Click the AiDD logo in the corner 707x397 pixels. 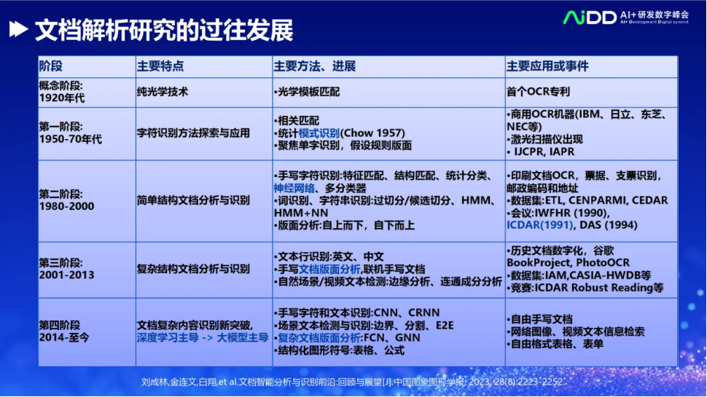tap(626, 17)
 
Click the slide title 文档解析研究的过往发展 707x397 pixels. tap(164, 30)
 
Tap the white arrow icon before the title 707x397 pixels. tap(18, 29)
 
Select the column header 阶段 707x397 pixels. tap(50, 66)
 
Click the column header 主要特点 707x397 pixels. tap(160, 66)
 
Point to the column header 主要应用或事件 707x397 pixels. tap(547, 66)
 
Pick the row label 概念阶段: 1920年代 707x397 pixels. tap(61, 92)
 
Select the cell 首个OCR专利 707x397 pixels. tap(538, 92)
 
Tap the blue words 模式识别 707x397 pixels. tap(319, 133)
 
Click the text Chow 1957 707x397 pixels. tap(372, 133)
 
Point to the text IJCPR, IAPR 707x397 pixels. tap(544, 152)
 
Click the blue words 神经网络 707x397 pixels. tap(294, 188)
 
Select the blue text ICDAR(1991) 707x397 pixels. tap(539, 224)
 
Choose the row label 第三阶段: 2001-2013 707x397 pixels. tap(66, 269)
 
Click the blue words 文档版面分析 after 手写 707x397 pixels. tap(329, 269)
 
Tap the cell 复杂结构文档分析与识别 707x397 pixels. tap(193, 269)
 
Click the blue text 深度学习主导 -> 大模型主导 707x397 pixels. tap(203, 337)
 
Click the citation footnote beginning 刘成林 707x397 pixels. tap(352, 382)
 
